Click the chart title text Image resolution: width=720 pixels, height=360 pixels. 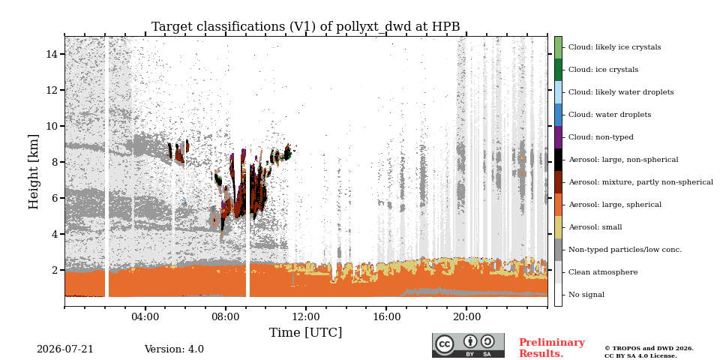click(x=305, y=27)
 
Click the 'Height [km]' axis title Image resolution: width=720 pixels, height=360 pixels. click(x=34, y=172)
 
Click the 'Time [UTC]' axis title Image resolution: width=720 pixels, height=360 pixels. click(x=305, y=332)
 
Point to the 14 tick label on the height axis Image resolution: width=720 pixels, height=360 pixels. click(x=52, y=54)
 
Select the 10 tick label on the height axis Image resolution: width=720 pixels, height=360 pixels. click(x=52, y=126)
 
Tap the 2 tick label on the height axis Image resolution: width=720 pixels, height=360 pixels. click(x=55, y=270)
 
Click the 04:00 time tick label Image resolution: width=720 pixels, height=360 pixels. click(x=145, y=316)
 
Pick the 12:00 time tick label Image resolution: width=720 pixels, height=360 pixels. click(x=306, y=316)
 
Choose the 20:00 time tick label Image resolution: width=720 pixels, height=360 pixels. click(x=466, y=316)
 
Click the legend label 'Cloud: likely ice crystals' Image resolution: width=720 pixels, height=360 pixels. click(x=614, y=47)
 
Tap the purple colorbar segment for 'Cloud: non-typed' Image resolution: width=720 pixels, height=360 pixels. click(x=558, y=137)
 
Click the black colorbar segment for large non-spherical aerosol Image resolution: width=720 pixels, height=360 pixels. click(x=558, y=160)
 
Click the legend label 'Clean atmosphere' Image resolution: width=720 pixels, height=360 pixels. click(x=603, y=272)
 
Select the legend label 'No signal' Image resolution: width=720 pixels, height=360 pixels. click(x=586, y=295)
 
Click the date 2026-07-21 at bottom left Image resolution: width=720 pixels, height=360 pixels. click(x=64, y=349)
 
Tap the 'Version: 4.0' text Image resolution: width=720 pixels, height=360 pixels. click(x=174, y=349)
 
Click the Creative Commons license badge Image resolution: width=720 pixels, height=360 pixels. click(x=468, y=345)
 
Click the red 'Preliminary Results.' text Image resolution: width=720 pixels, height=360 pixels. click(x=552, y=348)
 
